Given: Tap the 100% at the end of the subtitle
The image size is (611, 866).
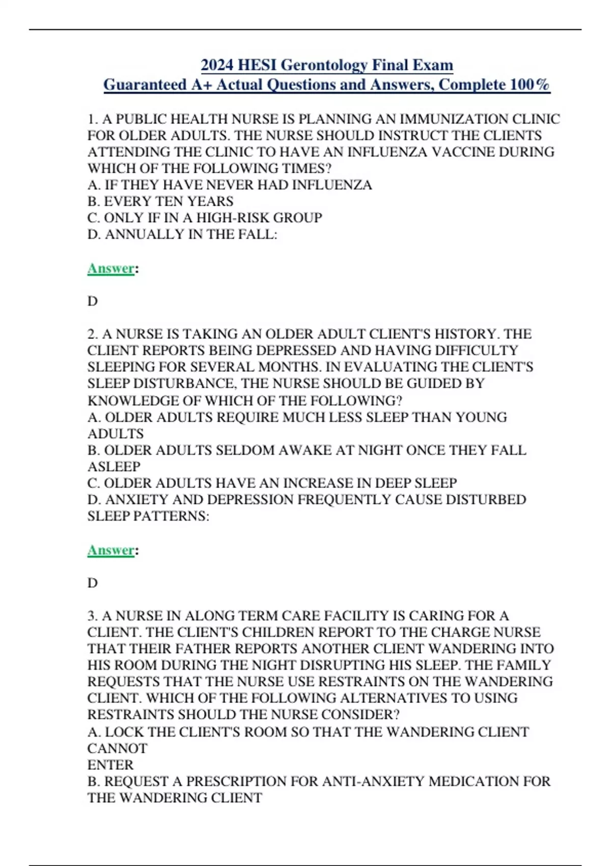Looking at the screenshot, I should [530, 84].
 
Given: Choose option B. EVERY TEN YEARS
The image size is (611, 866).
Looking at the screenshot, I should [160, 201].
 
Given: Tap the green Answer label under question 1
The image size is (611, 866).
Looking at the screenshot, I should [110, 268].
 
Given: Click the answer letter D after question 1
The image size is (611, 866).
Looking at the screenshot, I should [93, 301].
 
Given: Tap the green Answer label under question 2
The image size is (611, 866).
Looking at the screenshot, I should [110, 550].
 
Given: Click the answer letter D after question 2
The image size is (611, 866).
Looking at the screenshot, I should [93, 583].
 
